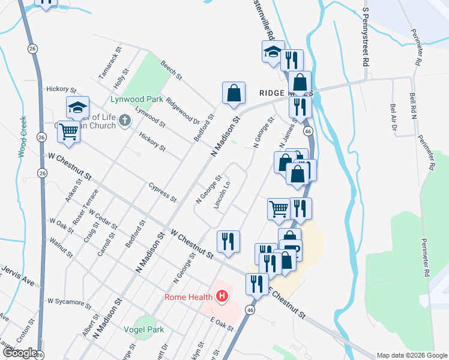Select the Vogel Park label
pos(143,329)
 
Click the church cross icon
pos(125,121)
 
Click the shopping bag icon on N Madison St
pos(234,93)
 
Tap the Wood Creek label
pos(22,137)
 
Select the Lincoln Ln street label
pos(221,195)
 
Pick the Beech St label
pos(170,70)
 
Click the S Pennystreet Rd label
pos(364,37)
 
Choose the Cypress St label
pos(162,191)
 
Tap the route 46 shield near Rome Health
pos(250,310)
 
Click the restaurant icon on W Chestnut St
pos(228,241)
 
